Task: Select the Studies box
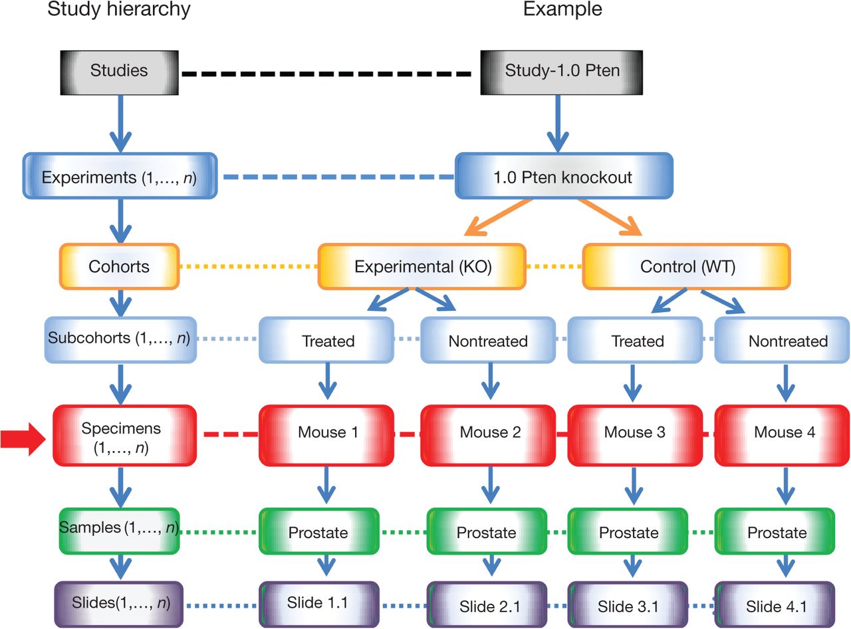pyautogui.click(x=120, y=70)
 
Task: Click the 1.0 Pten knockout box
pyautogui.click(x=564, y=177)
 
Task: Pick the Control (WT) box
pyautogui.click(x=686, y=266)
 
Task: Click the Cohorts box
pyautogui.click(x=119, y=266)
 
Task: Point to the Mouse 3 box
pyautogui.click(x=634, y=432)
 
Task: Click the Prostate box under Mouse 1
pyautogui.click(x=318, y=532)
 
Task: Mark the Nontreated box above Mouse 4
pyautogui.click(x=788, y=341)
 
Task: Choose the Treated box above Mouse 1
pyautogui.click(x=328, y=341)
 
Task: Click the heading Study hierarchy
pyautogui.click(x=118, y=10)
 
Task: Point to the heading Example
pyautogui.click(x=562, y=10)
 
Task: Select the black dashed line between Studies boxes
pyautogui.click(x=331, y=71)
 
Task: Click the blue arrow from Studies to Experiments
pyautogui.click(x=120, y=123)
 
